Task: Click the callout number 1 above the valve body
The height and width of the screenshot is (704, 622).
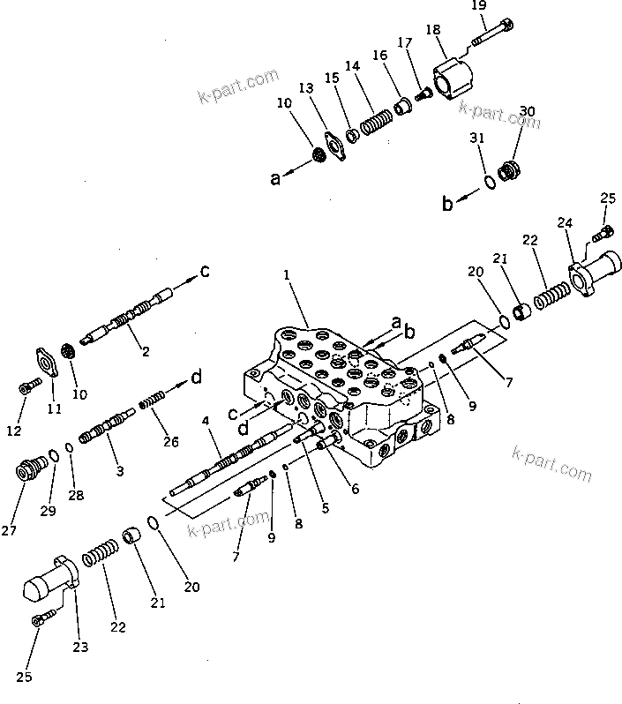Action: (x=287, y=276)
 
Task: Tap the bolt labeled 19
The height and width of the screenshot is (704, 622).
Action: (x=490, y=35)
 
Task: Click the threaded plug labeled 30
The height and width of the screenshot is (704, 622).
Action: (x=509, y=169)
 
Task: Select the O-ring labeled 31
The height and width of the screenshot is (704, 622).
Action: (x=488, y=182)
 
